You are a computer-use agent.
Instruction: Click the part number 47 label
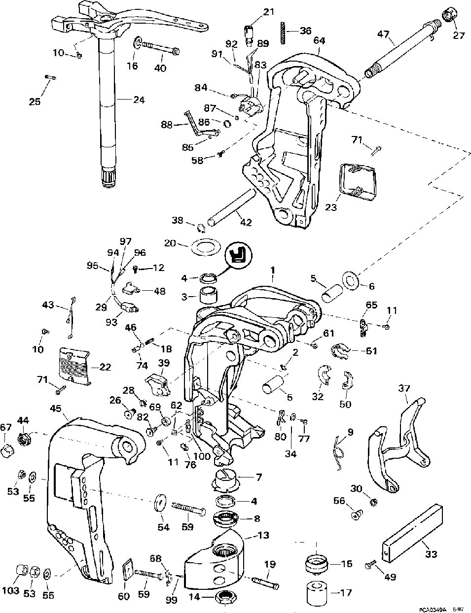[x=384, y=35]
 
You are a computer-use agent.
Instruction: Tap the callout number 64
[x=319, y=40]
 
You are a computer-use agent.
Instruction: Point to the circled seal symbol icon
[x=239, y=257]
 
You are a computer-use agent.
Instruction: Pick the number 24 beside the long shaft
[x=139, y=100]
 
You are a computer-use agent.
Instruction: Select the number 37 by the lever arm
[x=404, y=389]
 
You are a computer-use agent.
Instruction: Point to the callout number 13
[x=263, y=535]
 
